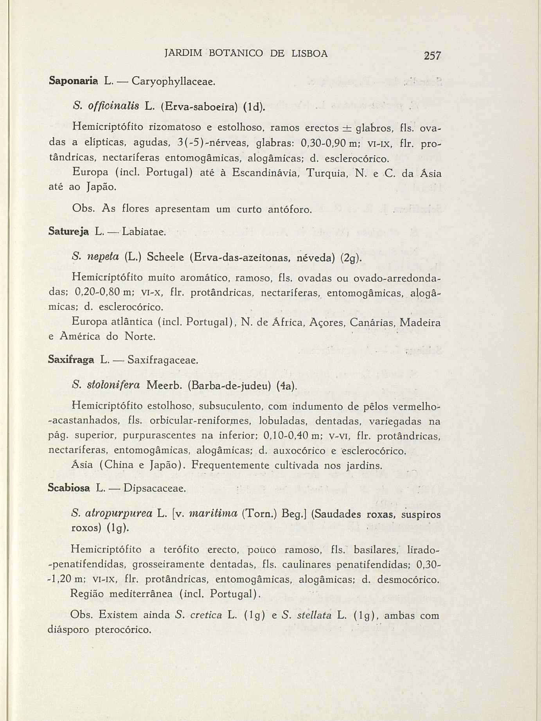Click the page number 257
pos(432,56)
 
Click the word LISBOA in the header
pos(309,54)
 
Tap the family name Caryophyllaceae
pos(173,82)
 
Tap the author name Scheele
pos(164,258)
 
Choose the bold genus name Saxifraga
pos(71,359)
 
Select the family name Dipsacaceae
pos(155,489)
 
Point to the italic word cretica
pos(205,615)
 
